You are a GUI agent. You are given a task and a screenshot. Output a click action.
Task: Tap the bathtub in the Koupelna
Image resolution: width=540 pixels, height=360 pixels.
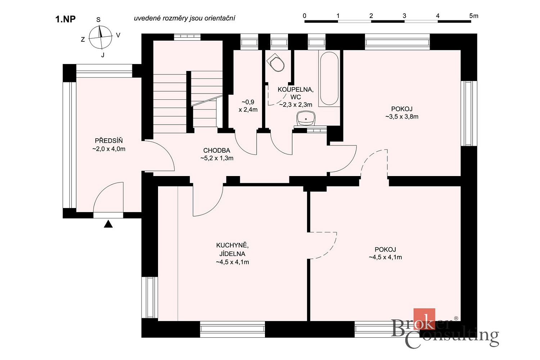click(329, 78)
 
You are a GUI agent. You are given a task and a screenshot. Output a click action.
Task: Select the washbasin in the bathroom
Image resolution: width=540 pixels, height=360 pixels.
click(306, 118)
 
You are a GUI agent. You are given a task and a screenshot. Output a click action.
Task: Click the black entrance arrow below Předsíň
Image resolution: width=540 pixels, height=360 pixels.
click(108, 224)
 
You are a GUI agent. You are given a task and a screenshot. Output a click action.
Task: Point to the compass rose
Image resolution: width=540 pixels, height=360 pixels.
click(100, 37)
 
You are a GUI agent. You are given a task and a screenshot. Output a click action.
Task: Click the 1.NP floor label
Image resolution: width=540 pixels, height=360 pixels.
click(66, 19)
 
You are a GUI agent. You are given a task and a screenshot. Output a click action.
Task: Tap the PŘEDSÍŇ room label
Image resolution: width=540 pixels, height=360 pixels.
click(109, 140)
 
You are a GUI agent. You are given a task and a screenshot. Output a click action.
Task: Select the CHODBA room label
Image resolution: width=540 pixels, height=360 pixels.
click(217, 150)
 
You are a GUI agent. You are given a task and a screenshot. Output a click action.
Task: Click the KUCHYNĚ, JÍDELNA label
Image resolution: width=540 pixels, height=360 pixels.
click(233, 249)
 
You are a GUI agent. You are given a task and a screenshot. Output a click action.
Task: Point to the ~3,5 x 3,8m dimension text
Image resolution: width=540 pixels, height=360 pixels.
click(402, 117)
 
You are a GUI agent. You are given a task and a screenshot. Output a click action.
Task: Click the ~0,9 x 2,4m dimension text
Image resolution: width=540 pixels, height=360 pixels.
click(248, 106)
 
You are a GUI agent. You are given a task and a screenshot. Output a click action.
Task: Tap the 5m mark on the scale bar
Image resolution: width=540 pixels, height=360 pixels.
click(474, 16)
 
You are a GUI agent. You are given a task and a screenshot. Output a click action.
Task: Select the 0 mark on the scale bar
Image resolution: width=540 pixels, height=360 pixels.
click(305, 16)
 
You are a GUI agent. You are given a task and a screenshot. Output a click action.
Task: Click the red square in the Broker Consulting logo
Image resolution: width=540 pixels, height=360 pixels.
click(424, 319)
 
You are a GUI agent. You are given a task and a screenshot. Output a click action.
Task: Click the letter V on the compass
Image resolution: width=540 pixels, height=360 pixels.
click(118, 35)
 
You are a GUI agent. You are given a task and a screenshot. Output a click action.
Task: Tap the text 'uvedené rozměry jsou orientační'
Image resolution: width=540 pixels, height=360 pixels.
click(184, 18)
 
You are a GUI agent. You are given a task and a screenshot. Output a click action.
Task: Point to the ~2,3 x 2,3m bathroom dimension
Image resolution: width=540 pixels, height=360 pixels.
click(296, 105)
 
